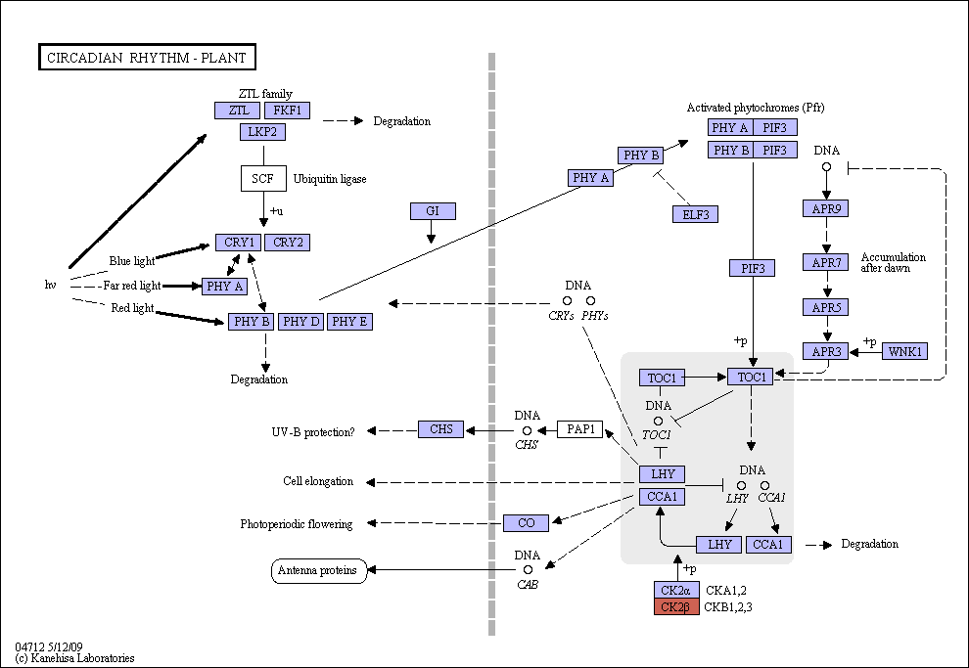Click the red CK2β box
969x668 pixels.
pos(676,607)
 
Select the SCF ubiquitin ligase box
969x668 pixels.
pos(263,178)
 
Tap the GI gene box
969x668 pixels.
pos(433,211)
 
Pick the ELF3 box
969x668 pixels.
pos(695,214)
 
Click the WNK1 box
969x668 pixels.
pos(904,351)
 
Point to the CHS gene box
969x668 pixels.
pos(440,429)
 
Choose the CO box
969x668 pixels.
pos(526,523)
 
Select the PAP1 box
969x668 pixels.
pos(579,429)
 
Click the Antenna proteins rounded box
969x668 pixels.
pos(319,570)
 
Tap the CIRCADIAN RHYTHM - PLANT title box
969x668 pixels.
pos(147,58)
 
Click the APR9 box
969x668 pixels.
pos(826,208)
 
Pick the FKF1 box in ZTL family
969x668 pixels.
pos(288,111)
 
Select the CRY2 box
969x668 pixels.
pos(288,243)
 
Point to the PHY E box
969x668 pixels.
pos(349,322)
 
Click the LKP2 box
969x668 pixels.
pos(262,132)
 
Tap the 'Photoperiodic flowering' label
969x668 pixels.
pos(297,524)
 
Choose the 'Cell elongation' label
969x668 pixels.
pos(318,481)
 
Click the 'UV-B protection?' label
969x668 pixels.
pos(313,432)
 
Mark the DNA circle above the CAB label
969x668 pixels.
pos(528,570)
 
